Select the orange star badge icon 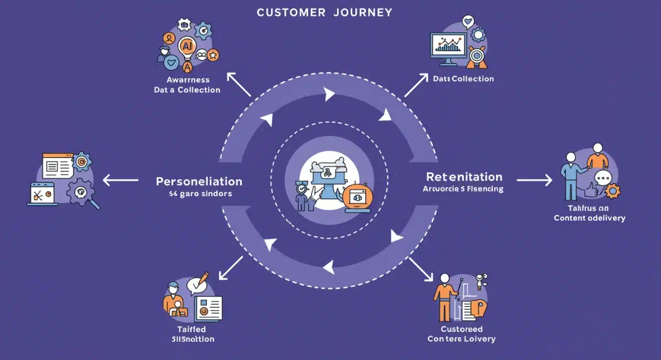(x=213, y=54)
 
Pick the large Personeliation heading (x=199, y=181)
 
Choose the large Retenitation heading (x=464, y=177)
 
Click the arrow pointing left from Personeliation (x=121, y=179)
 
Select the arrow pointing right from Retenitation (x=534, y=179)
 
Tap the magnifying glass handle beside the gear (x=95, y=204)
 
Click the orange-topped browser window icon (x=57, y=165)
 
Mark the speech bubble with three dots (x=603, y=177)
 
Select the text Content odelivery (x=589, y=218)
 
